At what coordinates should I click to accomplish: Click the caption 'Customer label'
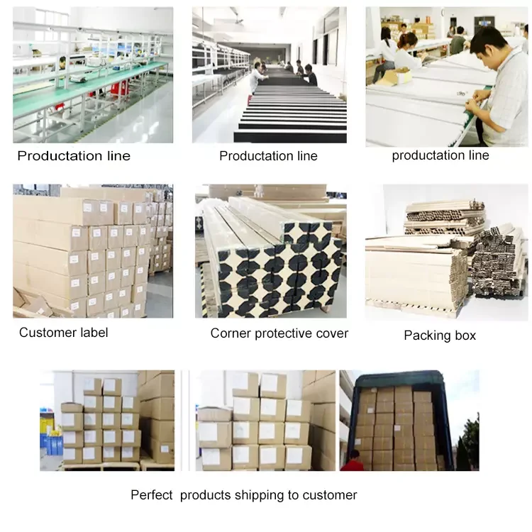pyautogui.click(x=63, y=333)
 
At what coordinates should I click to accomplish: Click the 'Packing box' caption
pyautogui.click(x=440, y=336)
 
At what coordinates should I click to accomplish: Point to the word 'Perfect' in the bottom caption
pyautogui.click(x=151, y=495)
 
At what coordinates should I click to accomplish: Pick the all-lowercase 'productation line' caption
pyautogui.click(x=440, y=155)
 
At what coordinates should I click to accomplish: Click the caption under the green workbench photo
pyautogui.click(x=74, y=156)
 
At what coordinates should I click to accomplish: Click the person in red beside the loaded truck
pyautogui.click(x=352, y=462)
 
